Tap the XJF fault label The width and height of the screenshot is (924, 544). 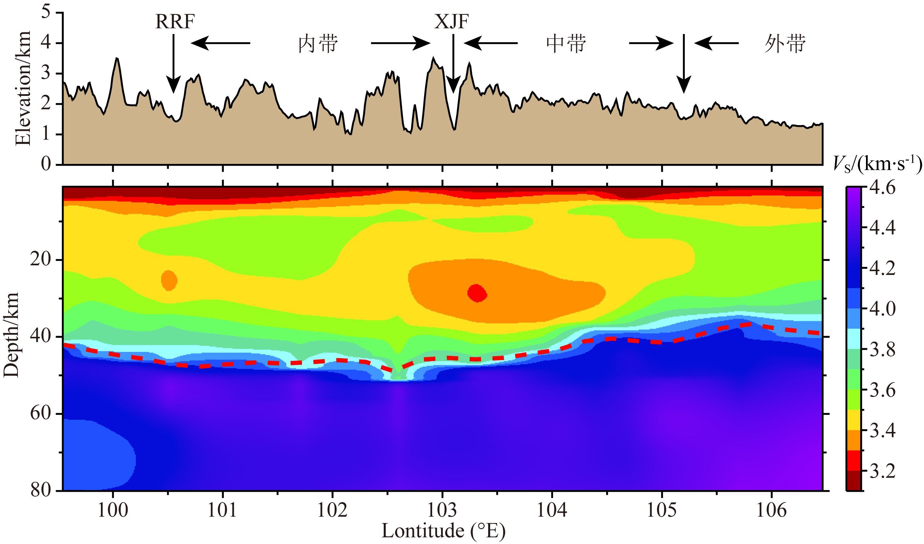pyautogui.click(x=451, y=22)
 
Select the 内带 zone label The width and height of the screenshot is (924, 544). pyautogui.click(x=317, y=44)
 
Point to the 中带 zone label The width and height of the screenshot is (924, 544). pyautogui.click(x=566, y=44)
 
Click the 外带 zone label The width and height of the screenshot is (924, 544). pyautogui.click(x=785, y=44)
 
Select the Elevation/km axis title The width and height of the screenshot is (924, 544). pyautogui.click(x=23, y=88)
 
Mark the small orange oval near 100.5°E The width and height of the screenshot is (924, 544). pyautogui.click(x=169, y=280)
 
